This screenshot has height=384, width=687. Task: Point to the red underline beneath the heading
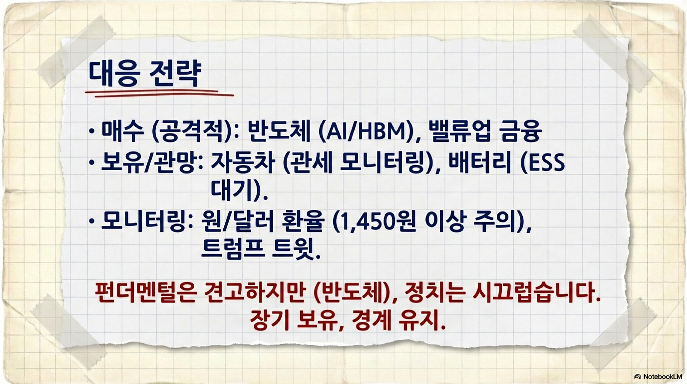[159, 93]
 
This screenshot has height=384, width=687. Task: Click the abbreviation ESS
[546, 162]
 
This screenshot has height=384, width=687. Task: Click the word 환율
[303, 222]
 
